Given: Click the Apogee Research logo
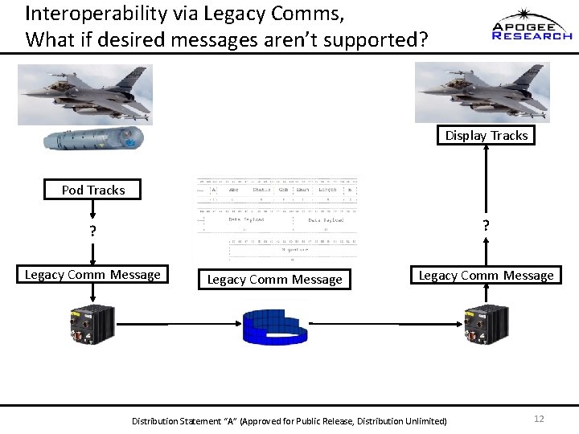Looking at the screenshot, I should coord(532,26).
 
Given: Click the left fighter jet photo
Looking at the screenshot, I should coord(85,95).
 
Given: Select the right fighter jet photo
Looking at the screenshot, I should coord(482,92).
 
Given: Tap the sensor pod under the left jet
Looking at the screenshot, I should coord(93,139).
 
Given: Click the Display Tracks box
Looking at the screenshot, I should coord(487,135).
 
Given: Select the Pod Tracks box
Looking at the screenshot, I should coord(93,190).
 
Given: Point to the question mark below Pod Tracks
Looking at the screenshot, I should coord(93,231).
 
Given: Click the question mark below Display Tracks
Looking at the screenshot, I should coord(485,226).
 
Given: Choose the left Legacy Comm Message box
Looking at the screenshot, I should coord(92,275).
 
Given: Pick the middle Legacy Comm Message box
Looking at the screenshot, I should coord(275,280).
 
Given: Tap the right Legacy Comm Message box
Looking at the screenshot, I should coord(486,276).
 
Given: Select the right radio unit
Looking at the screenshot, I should coord(485,325).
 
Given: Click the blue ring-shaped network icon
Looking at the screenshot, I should coord(276,325).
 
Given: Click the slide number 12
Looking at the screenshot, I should coord(539,419).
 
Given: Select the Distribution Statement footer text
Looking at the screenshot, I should coord(289,420).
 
